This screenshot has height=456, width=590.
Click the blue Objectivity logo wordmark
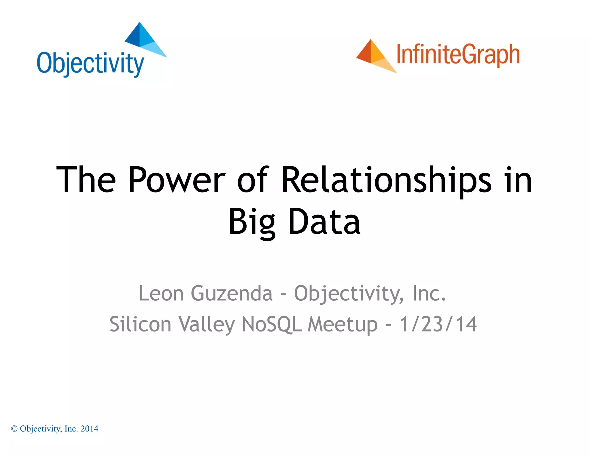[90, 64]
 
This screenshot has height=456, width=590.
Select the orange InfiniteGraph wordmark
[458, 55]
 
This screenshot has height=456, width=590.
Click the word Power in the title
[177, 180]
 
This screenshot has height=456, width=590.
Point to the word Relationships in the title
[386, 180]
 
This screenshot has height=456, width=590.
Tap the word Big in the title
[252, 222]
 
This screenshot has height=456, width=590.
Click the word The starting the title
[86, 180]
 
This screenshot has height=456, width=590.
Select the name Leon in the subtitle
[161, 293]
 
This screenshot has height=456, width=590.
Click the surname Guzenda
[231, 293]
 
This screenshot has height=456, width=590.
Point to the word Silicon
[140, 324]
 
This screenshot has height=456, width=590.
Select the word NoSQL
[272, 324]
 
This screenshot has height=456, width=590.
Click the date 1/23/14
[438, 324]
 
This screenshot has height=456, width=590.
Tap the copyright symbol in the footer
[14, 429]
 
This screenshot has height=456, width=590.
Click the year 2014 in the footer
[89, 429]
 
